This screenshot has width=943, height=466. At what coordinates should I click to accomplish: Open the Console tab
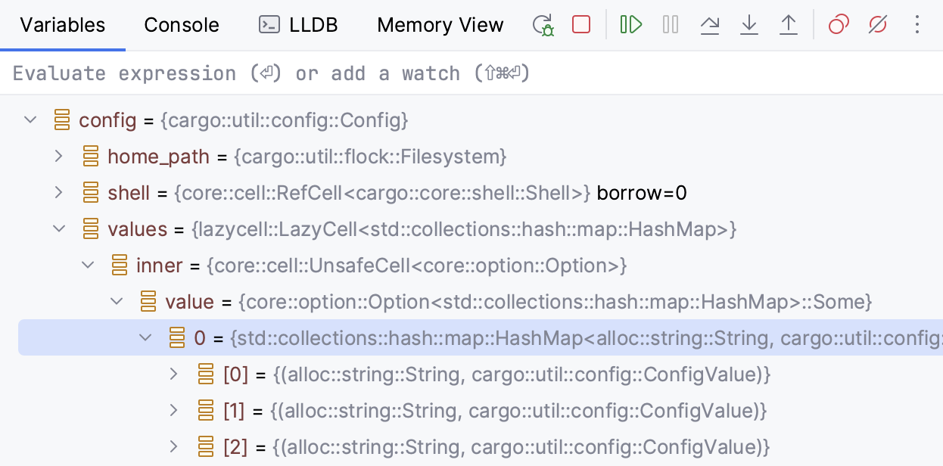click(182, 25)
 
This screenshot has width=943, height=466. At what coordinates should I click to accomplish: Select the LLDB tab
click(298, 25)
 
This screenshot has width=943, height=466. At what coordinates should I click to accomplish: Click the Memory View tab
click(440, 25)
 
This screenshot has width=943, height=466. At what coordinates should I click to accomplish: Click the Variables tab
click(63, 25)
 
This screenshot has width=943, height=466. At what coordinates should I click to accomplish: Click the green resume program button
click(630, 24)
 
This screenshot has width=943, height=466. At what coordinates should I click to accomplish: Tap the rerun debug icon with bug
click(543, 25)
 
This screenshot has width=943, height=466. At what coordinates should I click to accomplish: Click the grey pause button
click(671, 24)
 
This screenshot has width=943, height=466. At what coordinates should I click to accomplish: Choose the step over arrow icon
click(710, 25)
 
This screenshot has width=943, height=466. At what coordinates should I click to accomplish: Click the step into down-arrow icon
click(749, 25)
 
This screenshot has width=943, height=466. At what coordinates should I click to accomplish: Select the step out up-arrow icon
click(789, 25)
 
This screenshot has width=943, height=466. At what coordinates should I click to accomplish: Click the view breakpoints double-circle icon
click(839, 24)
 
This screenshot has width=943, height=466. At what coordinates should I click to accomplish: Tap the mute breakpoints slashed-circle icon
click(878, 24)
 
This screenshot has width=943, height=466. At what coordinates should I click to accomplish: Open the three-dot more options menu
click(917, 24)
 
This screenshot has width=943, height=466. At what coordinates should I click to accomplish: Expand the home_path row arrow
click(59, 157)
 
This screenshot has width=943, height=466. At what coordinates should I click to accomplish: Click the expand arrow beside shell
click(59, 193)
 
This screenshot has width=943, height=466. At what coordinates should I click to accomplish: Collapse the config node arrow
click(30, 120)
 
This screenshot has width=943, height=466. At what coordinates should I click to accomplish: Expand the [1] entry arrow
click(173, 411)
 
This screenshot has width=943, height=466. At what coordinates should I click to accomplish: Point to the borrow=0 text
click(642, 193)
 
